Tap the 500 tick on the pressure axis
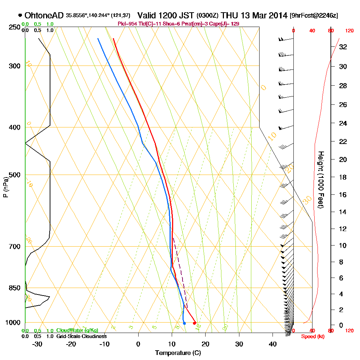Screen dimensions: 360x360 tap(13, 175)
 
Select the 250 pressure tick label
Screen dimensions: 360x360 tap(13, 27)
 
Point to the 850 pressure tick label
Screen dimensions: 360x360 tap(13, 288)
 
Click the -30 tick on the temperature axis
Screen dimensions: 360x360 tap(37, 344)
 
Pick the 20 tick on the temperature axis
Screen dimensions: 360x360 tap(206, 344)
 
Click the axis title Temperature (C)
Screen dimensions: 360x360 tap(178, 353)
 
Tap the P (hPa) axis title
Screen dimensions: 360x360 tap(5, 187)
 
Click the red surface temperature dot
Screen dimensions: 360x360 tap(194, 323)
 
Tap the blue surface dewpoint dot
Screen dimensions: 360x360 tap(184, 323)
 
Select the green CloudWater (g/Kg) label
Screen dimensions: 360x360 tap(77, 330)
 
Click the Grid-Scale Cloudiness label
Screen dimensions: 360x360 tap(81, 336)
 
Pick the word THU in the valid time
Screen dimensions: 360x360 tap(229, 16)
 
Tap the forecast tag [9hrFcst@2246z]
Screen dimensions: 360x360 tap(314, 16)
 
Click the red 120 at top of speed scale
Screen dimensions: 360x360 tap(349, 31)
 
